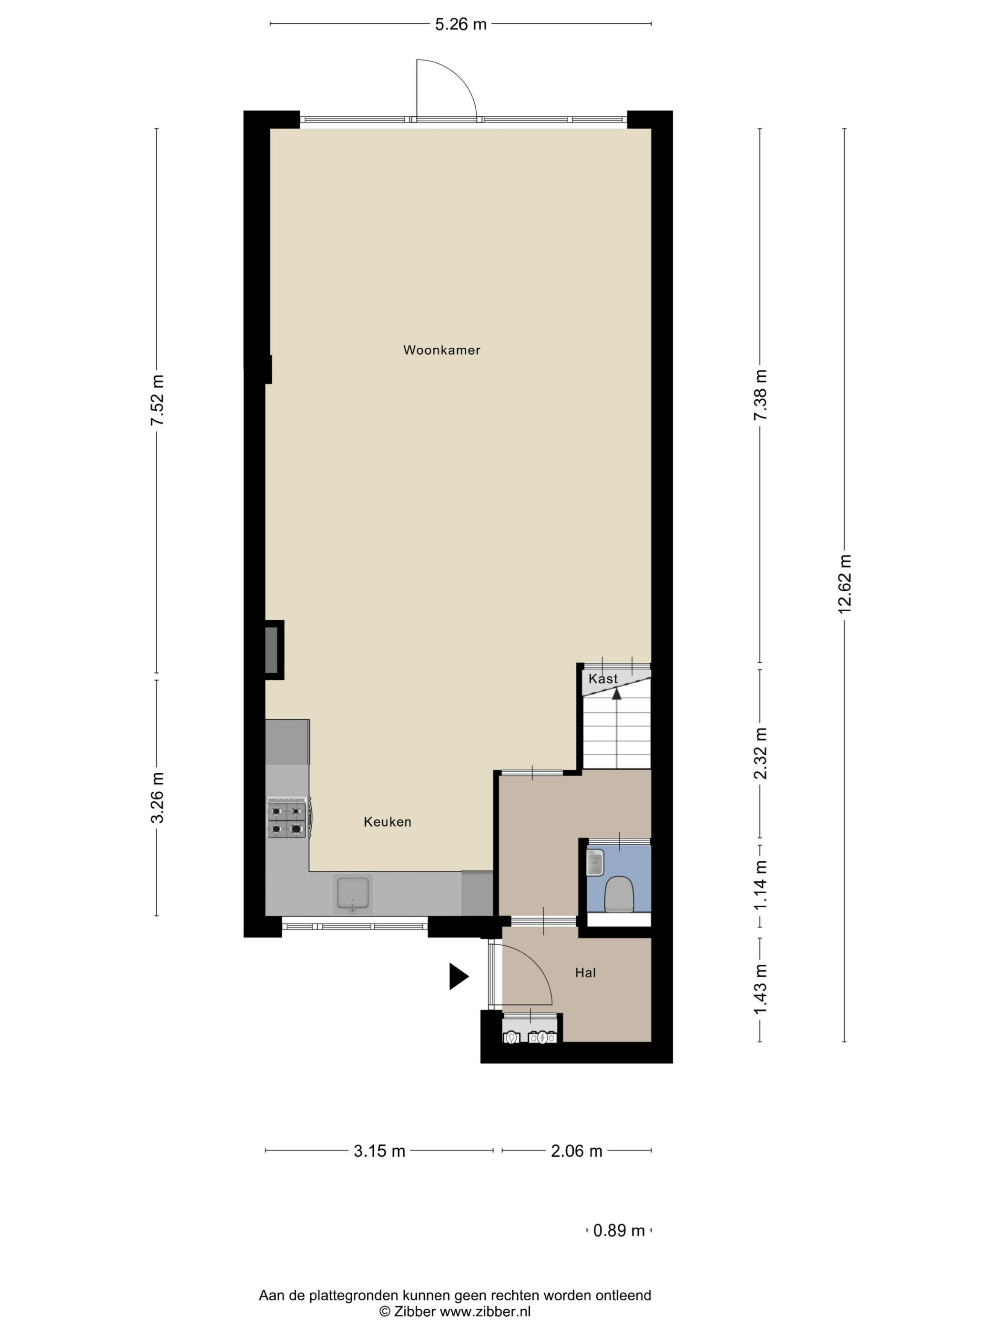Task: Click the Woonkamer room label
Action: [442, 350]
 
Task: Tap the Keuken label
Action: [388, 821]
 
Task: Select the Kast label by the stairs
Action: [603, 678]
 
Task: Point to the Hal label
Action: [585, 972]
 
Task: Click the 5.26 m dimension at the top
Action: [460, 24]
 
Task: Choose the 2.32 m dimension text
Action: [760, 753]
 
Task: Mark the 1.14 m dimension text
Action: [760, 885]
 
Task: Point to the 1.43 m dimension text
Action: [760, 989]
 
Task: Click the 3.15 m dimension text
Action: [379, 1151]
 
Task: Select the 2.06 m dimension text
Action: [576, 1151]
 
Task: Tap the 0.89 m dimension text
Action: [619, 1230]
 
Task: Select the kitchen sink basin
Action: [353, 894]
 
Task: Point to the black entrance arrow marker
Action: [459, 976]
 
